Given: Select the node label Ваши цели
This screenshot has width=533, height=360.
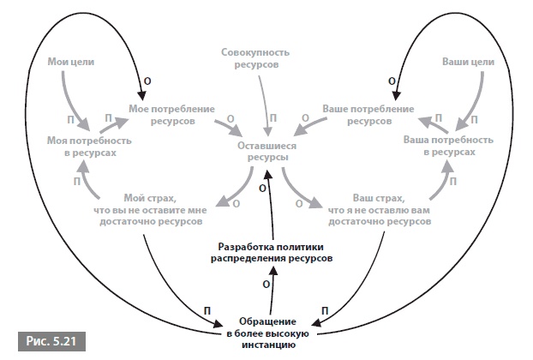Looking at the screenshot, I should [x=466, y=63].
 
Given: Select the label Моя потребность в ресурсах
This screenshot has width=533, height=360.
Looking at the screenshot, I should [x=81, y=144].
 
